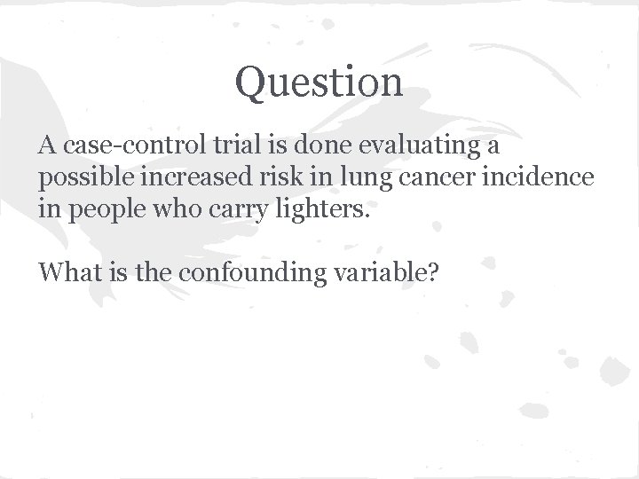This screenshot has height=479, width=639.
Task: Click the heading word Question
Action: [x=319, y=82]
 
